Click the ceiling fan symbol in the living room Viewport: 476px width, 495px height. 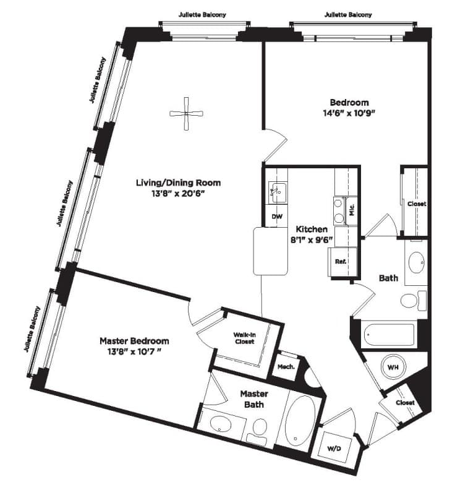click(187, 114)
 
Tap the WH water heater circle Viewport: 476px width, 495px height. click(393, 367)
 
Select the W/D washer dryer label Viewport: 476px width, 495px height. click(334, 449)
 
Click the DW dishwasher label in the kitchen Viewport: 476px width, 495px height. click(277, 217)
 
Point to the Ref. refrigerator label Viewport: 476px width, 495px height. click(341, 261)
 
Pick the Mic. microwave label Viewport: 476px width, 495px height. click(352, 209)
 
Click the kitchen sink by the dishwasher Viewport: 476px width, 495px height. click(278, 192)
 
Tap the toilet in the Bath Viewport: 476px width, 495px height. click(414, 301)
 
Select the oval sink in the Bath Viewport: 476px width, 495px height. click(417, 262)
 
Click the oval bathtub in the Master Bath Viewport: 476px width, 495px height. click(300, 421)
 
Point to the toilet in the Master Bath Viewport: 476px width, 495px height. click(258, 433)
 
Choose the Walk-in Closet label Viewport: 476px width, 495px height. click(244, 338)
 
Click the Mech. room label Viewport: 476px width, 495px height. click(286, 367)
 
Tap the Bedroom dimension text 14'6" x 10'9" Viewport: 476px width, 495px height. click(349, 113)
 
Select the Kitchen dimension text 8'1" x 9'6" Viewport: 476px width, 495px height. click(312, 240)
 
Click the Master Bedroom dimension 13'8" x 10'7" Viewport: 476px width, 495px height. click(135, 351)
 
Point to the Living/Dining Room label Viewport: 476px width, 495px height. click(178, 183)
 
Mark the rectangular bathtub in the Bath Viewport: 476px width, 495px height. click(389, 335)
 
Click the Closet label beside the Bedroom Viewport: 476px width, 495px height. click(417, 204)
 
